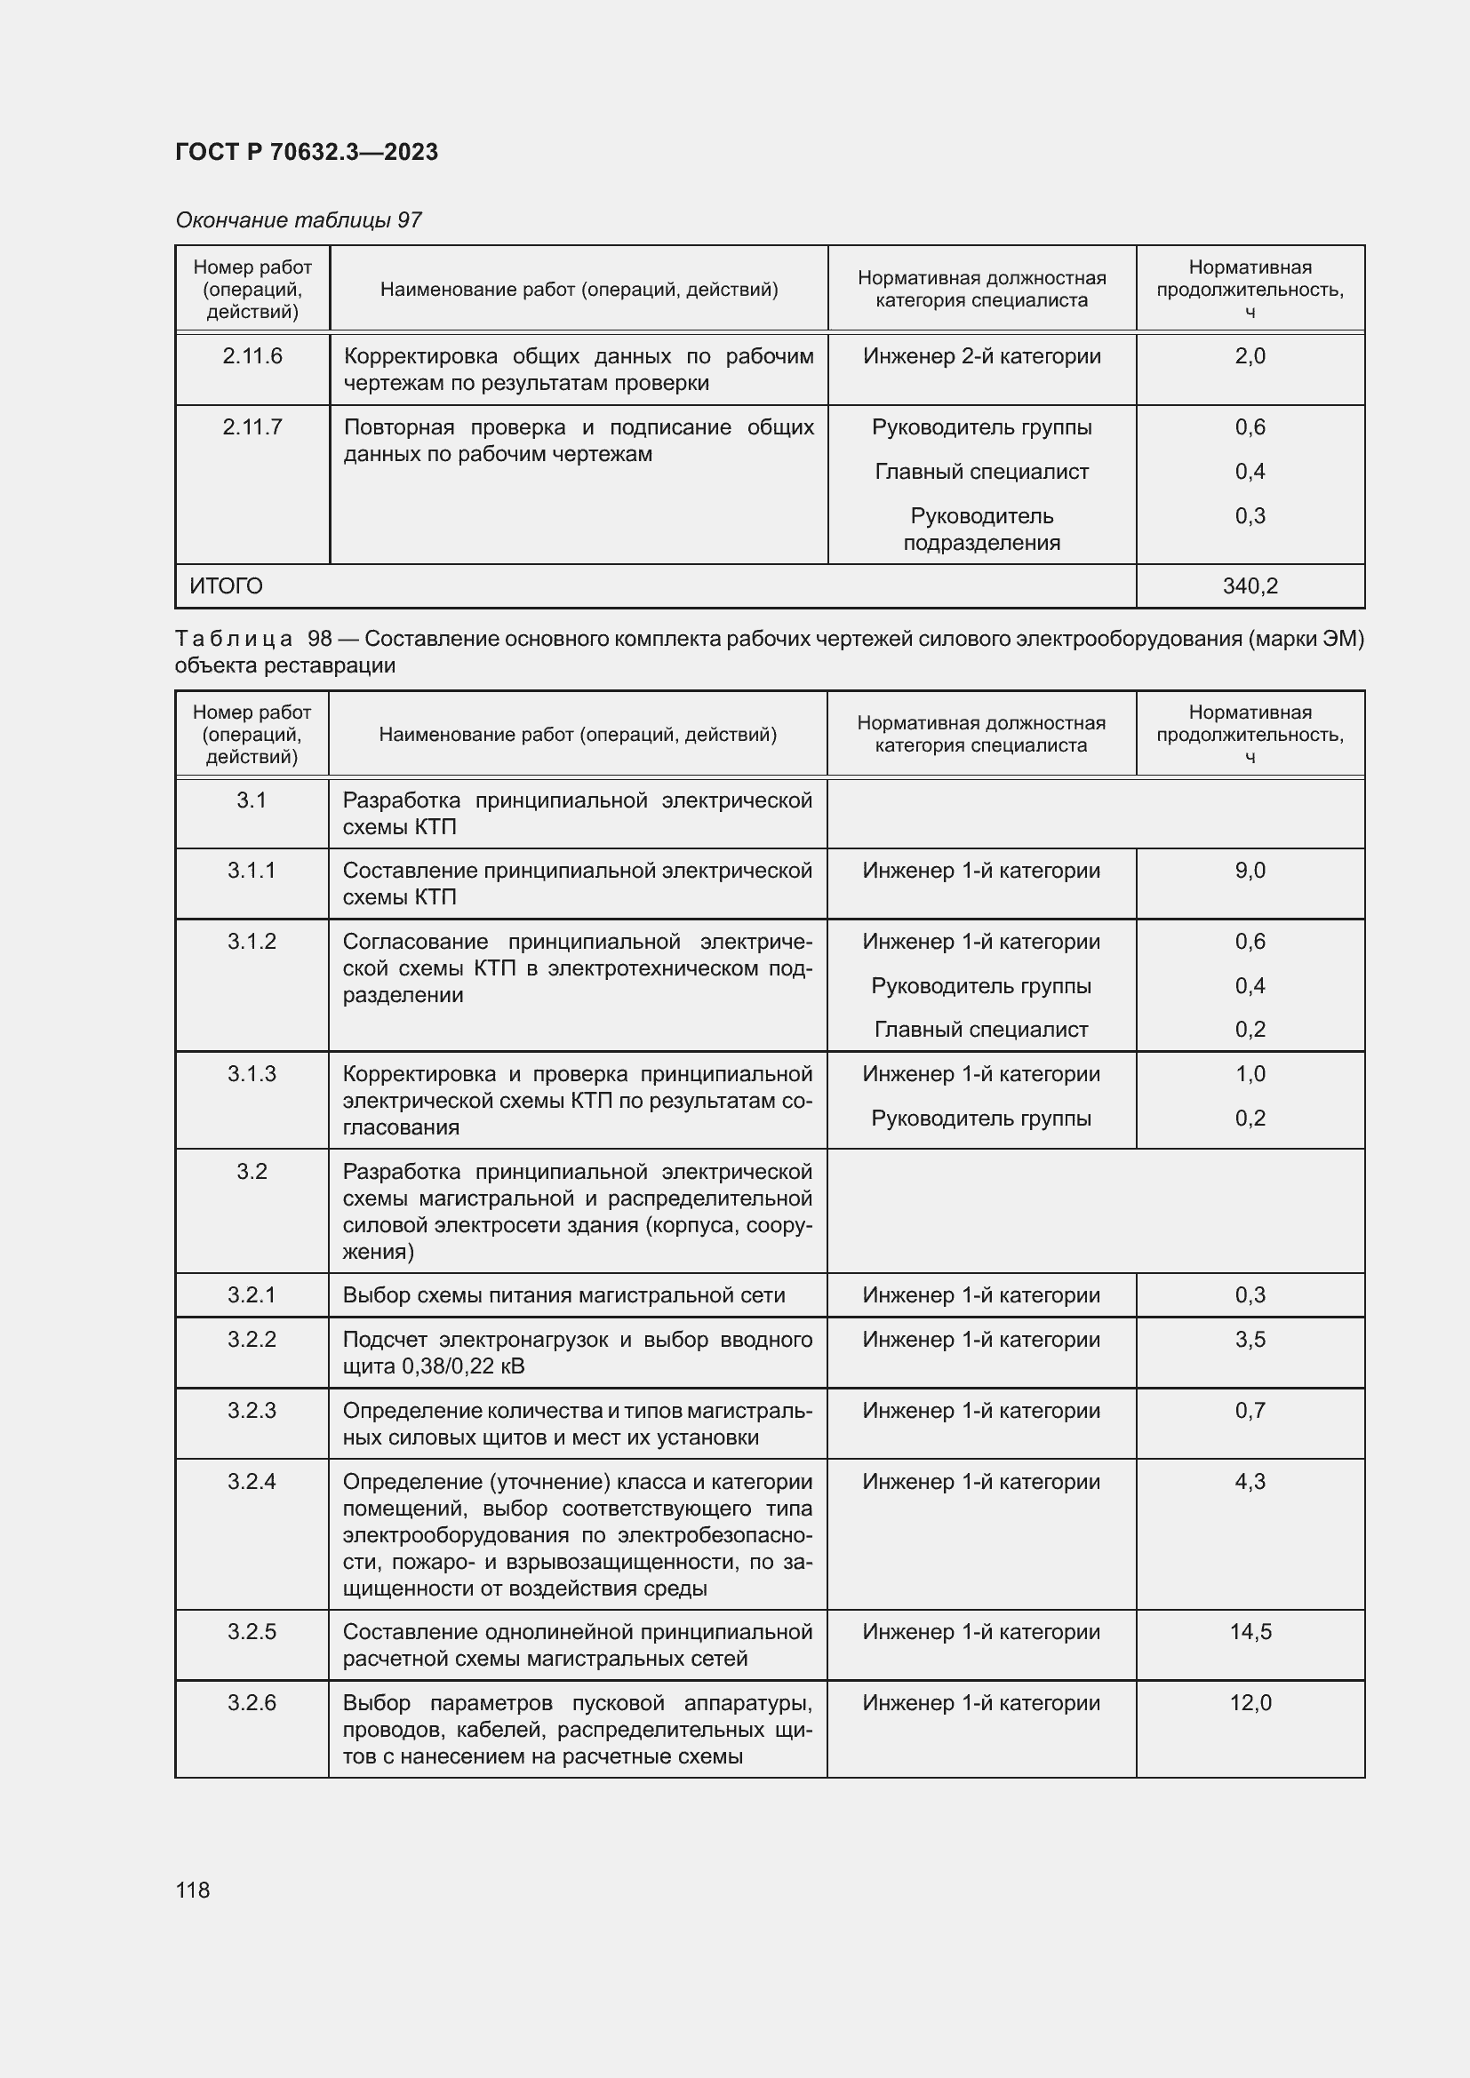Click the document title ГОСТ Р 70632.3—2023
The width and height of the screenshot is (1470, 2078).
coord(306,152)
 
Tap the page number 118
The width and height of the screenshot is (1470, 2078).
coord(193,1890)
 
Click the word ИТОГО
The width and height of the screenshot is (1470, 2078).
coord(227,586)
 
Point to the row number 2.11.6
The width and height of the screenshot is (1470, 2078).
coord(252,356)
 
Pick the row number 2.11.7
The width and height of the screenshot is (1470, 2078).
coord(252,427)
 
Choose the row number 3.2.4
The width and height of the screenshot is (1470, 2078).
coord(252,1482)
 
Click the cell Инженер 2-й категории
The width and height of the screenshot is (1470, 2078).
coord(981,356)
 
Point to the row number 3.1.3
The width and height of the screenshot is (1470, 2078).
coord(252,1074)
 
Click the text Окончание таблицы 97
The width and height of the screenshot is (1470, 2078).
coord(299,220)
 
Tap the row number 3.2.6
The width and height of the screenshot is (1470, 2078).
coord(252,1702)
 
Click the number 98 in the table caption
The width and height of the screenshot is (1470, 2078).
coord(320,639)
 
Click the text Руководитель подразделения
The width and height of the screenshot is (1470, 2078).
coord(981,529)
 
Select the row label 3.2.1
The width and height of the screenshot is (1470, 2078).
coord(252,1295)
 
